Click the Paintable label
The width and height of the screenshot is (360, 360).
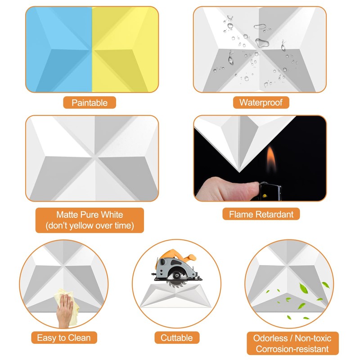point(90,103)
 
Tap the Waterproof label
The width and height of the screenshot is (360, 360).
point(261,103)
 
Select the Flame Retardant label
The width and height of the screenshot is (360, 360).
point(261,214)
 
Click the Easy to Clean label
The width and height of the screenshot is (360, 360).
point(64,337)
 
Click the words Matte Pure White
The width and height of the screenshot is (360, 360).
point(90,215)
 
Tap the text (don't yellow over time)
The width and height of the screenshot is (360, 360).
point(90,225)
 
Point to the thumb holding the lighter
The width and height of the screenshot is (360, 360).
point(220,184)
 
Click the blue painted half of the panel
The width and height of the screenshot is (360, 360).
point(58,49)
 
